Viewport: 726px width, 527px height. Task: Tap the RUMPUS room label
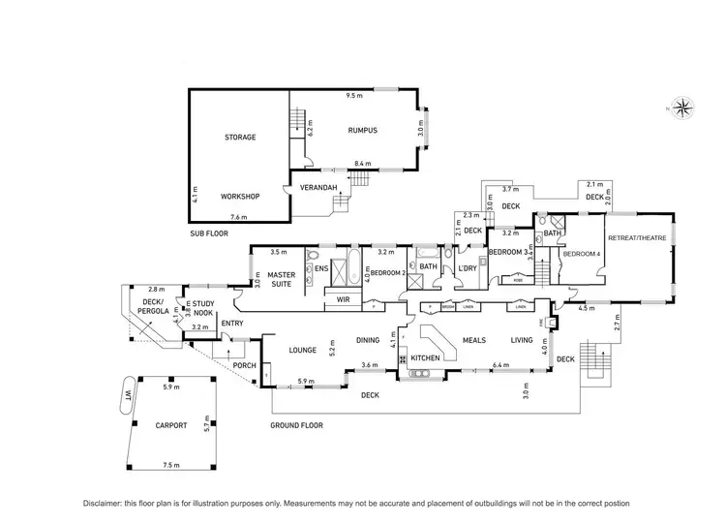(x=362, y=130)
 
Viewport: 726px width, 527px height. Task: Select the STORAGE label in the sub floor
(x=240, y=138)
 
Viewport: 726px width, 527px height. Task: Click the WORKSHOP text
(x=239, y=196)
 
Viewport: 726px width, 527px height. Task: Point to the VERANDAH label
(x=318, y=187)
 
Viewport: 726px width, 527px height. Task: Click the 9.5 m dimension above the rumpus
(x=354, y=96)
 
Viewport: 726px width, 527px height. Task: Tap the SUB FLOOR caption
(x=209, y=234)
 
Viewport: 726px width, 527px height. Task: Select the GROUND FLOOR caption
(x=297, y=425)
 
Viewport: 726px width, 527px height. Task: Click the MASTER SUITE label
(x=281, y=279)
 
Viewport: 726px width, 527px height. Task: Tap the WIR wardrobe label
(x=343, y=300)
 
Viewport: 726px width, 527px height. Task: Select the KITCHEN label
(x=426, y=358)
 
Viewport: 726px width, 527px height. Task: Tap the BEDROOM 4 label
(x=583, y=253)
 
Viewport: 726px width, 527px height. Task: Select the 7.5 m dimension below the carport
(x=171, y=466)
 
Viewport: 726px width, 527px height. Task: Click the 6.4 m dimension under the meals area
(x=500, y=365)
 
